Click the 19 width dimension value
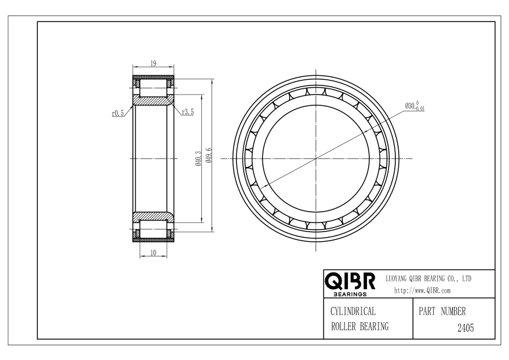point(153,63)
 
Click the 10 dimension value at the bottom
point(153,252)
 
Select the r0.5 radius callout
point(118,113)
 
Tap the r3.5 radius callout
point(188,112)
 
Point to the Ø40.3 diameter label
point(199,158)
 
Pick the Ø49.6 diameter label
point(209,155)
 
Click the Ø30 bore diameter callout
point(415,106)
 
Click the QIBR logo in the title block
point(350,281)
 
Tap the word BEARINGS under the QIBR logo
point(350,294)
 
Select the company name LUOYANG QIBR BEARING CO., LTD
point(428,278)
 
